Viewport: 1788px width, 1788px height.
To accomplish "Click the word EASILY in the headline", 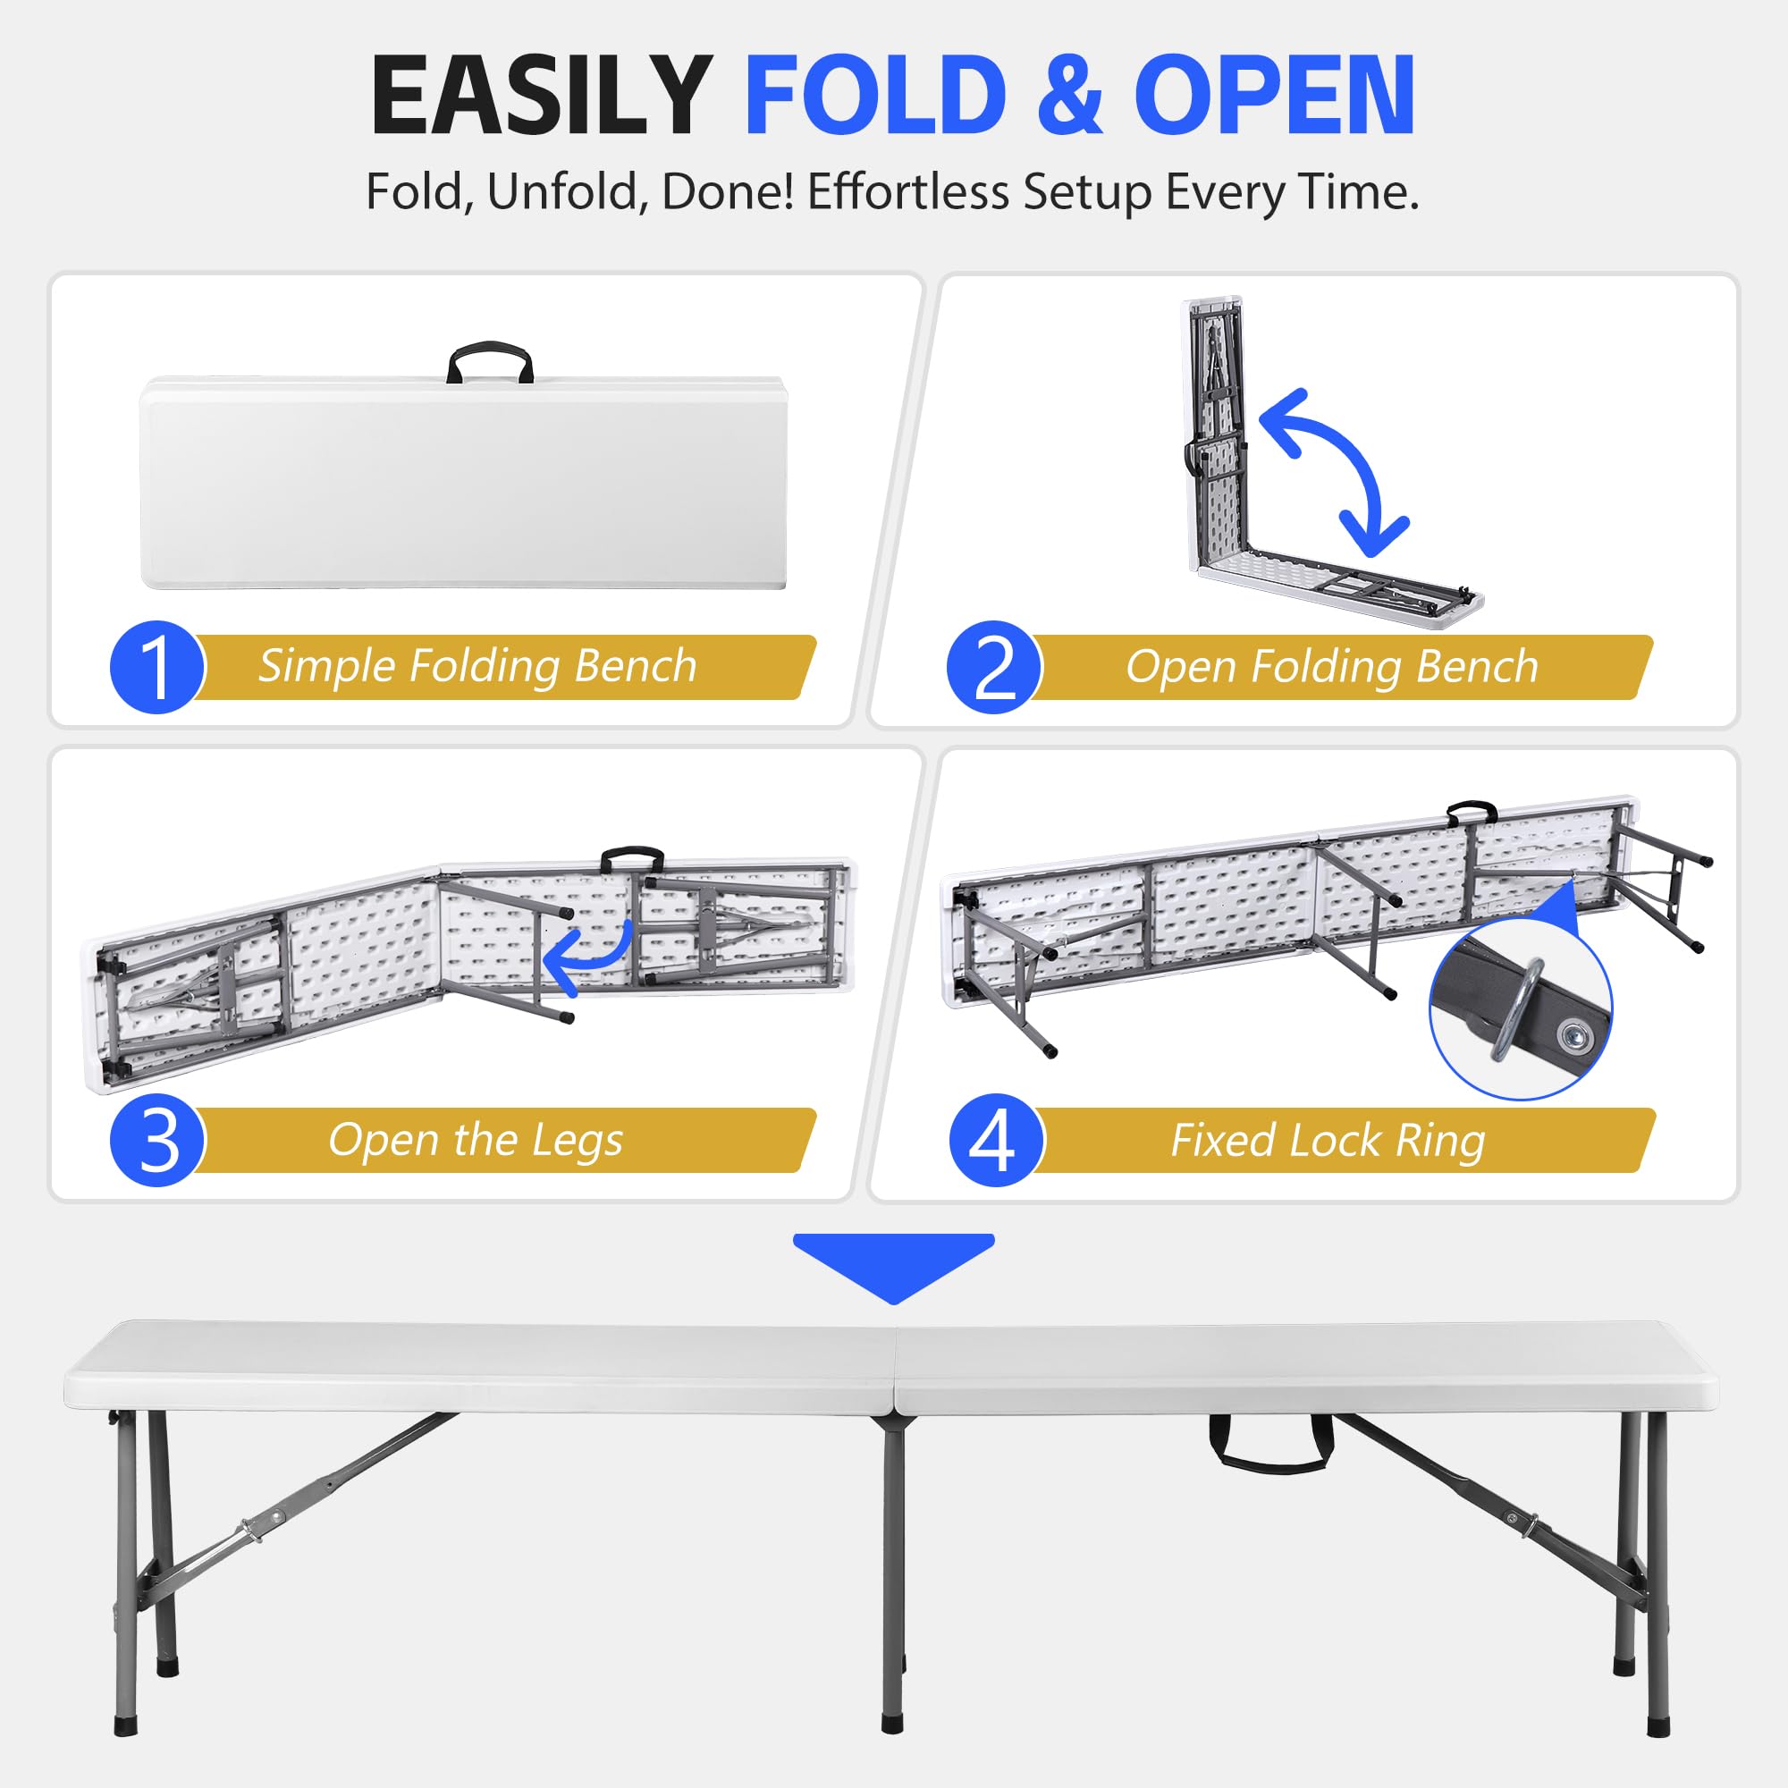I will click(x=542, y=97).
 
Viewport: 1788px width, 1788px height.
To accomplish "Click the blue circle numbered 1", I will click(x=157, y=666).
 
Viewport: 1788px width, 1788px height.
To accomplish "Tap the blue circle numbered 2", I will click(x=994, y=666).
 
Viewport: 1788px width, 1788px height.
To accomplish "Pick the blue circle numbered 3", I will click(x=157, y=1140).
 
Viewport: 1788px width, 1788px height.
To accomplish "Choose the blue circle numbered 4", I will click(x=996, y=1140).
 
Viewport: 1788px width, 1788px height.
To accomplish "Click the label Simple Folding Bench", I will click(x=477, y=666).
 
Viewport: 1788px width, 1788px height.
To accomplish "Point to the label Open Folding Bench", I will click(x=1331, y=666).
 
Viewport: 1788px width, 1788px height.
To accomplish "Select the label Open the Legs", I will click(x=475, y=1140).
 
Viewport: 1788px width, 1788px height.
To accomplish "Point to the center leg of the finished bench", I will click(x=892, y=1573).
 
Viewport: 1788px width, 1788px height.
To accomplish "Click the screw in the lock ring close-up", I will click(x=1571, y=1033).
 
